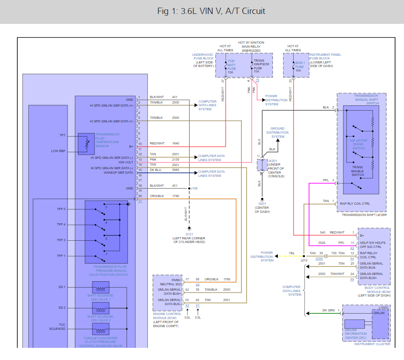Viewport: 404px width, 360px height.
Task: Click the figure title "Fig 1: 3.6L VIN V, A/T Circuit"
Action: (x=202, y=11)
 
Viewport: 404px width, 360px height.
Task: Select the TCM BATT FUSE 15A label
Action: (x=231, y=66)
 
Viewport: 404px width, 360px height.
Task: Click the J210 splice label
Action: (x=304, y=260)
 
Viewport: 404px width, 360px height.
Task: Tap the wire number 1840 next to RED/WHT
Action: (x=175, y=143)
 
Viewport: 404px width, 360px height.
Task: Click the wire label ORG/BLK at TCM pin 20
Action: (x=157, y=196)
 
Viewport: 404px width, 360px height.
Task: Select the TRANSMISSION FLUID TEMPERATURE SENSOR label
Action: (x=107, y=140)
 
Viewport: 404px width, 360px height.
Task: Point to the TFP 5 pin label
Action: (x=61, y=209)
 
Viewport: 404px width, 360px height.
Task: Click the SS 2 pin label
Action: (x=62, y=307)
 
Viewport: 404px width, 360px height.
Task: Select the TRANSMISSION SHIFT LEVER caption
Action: (x=364, y=215)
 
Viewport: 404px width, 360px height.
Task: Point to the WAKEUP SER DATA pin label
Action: (x=118, y=172)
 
